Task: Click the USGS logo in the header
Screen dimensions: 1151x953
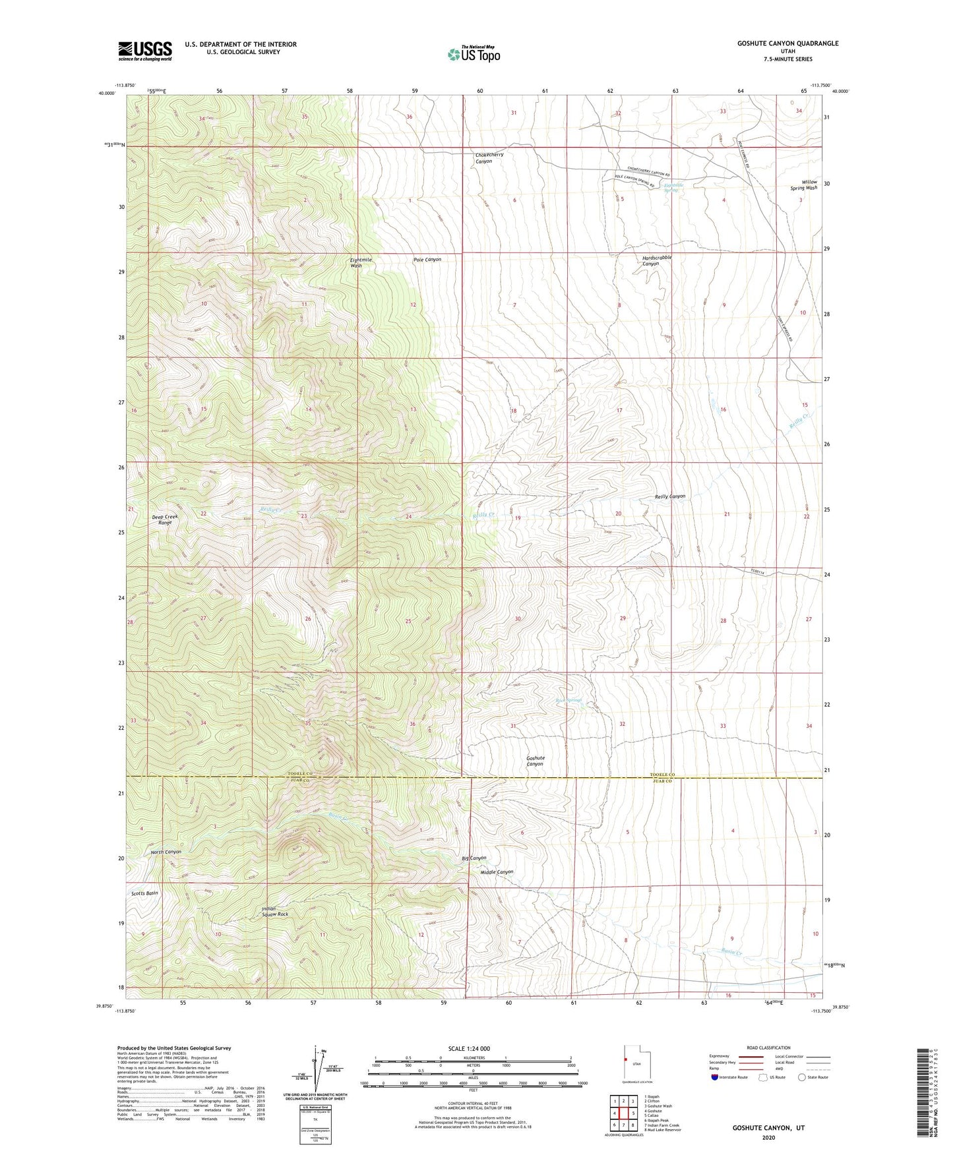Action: pyautogui.click(x=144, y=51)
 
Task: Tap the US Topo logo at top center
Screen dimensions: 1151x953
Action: pyautogui.click(x=473, y=54)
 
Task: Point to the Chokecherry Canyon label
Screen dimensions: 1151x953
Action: pyautogui.click(x=489, y=158)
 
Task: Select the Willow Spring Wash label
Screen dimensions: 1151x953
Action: pyautogui.click(x=804, y=185)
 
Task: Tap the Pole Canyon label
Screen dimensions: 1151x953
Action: pyautogui.click(x=427, y=260)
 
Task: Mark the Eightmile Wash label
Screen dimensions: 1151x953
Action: pyautogui.click(x=361, y=262)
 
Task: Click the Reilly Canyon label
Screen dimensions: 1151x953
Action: pyautogui.click(x=669, y=496)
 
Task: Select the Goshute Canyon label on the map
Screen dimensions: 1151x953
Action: pyautogui.click(x=535, y=761)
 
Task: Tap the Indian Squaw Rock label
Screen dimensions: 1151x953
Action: pyautogui.click(x=274, y=912)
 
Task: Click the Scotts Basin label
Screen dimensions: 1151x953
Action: pyautogui.click(x=144, y=893)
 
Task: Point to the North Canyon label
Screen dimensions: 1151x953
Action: pyautogui.click(x=166, y=852)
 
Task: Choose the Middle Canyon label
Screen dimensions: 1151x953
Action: pyautogui.click(x=497, y=872)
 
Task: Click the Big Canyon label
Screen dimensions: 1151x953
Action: pyautogui.click(x=474, y=858)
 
